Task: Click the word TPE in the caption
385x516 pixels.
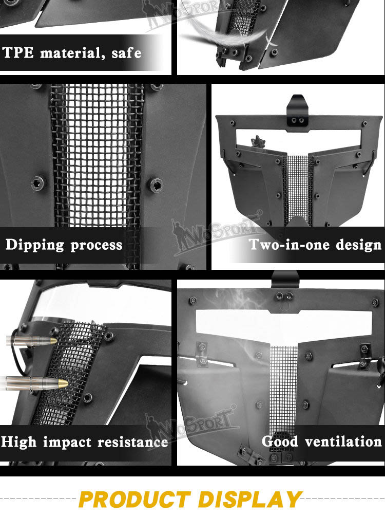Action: tap(18, 52)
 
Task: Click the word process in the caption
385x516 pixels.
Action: tap(97, 246)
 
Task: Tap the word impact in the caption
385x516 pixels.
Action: tap(67, 442)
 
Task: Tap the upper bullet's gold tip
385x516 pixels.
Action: tap(53, 341)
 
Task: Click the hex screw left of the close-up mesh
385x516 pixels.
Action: tap(38, 182)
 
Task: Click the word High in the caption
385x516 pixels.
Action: tap(18, 442)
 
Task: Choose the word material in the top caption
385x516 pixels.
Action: tap(70, 53)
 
